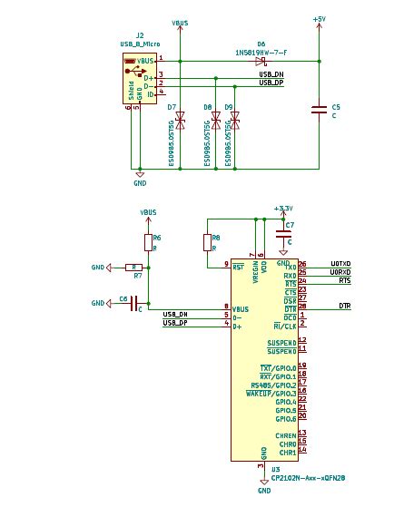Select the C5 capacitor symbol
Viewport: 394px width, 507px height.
[319, 111]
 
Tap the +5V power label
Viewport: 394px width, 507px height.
[319, 18]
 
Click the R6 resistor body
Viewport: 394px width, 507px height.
[148, 242]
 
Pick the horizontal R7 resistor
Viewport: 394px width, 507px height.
[133, 268]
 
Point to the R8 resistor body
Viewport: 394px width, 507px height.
[206, 242]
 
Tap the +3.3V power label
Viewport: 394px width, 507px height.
[283, 208]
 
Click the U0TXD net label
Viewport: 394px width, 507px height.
[340, 264]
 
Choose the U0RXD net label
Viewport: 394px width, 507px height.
[340, 272]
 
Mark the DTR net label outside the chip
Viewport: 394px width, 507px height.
[344, 307]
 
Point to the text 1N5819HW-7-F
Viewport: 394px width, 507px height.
[261, 52]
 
